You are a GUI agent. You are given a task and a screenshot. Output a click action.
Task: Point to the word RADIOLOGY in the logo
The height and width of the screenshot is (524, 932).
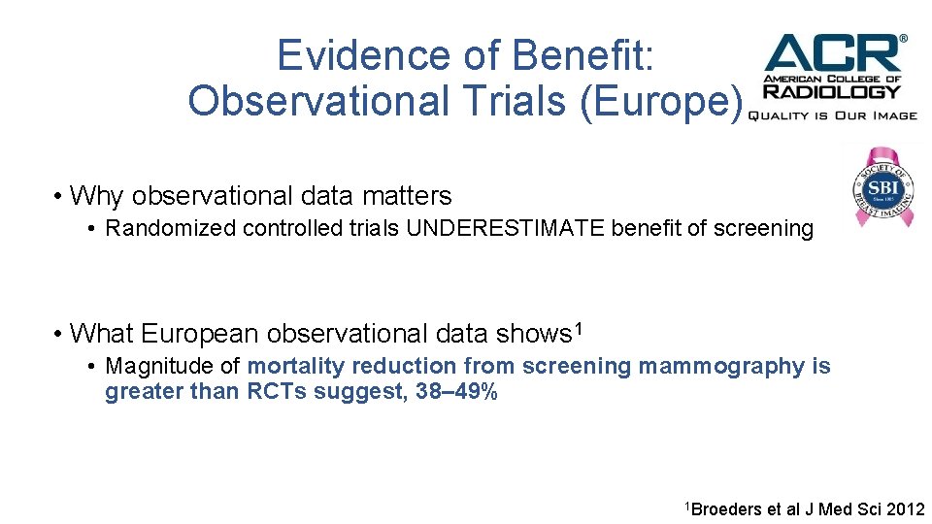832,92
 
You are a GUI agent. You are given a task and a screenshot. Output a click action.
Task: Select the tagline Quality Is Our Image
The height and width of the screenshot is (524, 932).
832,115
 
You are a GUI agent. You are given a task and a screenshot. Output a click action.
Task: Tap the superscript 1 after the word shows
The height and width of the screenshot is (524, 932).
578,329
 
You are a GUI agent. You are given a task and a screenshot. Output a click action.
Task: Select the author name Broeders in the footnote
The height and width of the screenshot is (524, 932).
727,508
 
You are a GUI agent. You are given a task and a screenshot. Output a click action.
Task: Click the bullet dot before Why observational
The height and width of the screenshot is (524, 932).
59,196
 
